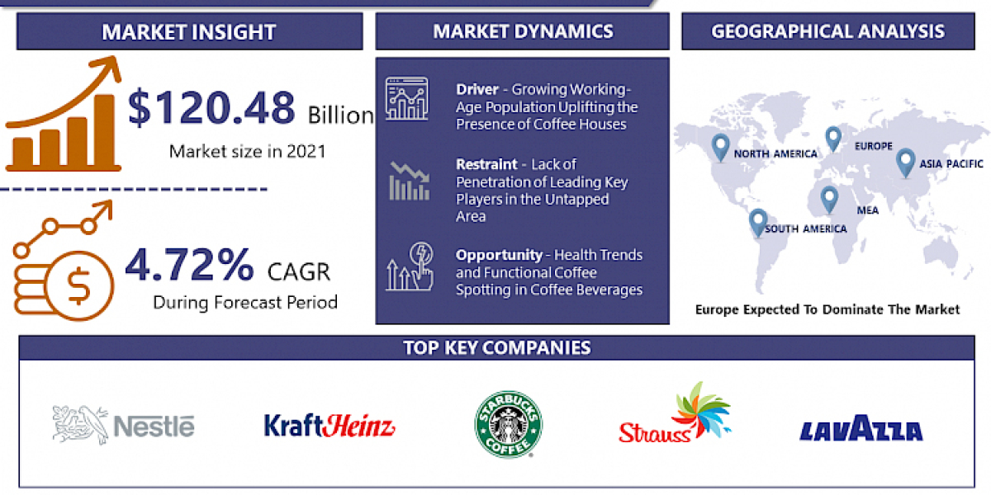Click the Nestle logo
tap(124, 425)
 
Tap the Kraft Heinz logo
tap(330, 426)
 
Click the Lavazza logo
tap(861, 429)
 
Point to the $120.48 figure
tap(211, 109)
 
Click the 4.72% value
tap(189, 264)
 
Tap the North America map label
tap(775, 154)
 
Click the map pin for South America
tap(757, 221)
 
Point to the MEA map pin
tap(828, 197)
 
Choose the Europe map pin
tap(832, 138)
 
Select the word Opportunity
tap(499, 255)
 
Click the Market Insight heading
tap(188, 33)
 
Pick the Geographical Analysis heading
tap(828, 32)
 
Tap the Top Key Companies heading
tap(496, 347)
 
